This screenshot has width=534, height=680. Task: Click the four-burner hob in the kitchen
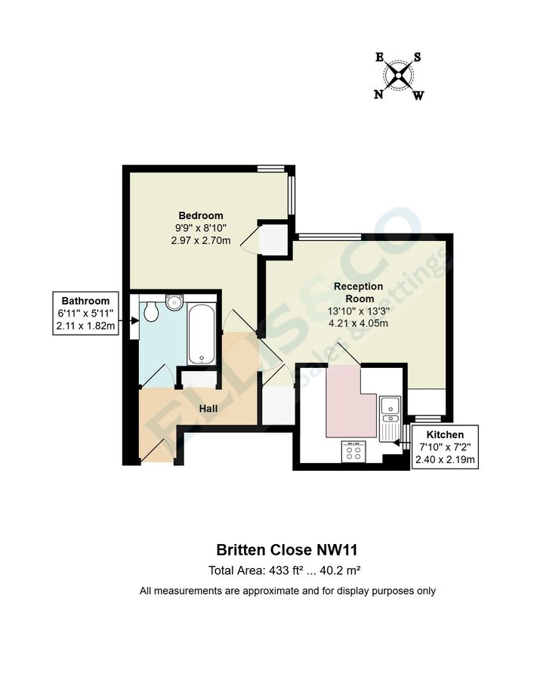(x=353, y=451)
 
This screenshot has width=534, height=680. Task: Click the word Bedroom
(x=201, y=215)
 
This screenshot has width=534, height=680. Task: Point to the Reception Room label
(x=359, y=292)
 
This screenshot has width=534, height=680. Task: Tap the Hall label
(x=209, y=408)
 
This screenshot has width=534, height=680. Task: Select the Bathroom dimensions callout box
(x=86, y=313)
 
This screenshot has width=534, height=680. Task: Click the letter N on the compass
(x=378, y=94)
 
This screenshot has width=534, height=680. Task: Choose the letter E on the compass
(x=380, y=57)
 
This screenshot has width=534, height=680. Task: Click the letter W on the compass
(x=418, y=95)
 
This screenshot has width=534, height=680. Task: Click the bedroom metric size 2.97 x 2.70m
(x=201, y=240)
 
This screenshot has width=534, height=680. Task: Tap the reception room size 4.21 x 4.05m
(x=359, y=323)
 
